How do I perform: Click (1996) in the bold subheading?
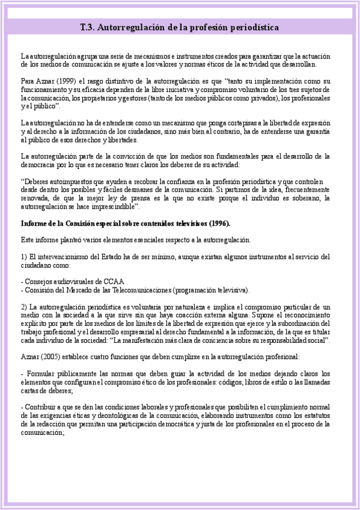[x=219, y=224]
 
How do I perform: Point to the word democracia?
[x=38, y=164]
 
